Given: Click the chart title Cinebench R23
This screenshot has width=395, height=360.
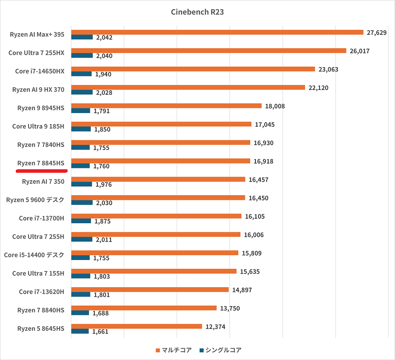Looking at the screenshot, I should pyautogui.click(x=197, y=12).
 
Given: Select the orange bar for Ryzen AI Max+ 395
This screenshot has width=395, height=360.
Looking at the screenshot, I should pyautogui.click(x=217, y=32).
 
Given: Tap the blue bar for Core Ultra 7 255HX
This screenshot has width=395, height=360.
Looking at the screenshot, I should pyautogui.click(x=82, y=56).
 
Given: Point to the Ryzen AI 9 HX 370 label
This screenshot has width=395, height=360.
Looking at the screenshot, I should pyautogui.click(x=38, y=90).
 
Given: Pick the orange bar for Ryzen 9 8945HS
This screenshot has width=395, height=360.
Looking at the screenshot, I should pyautogui.click(x=166, y=106).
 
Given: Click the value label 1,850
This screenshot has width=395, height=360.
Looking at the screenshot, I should pyautogui.click(x=102, y=129).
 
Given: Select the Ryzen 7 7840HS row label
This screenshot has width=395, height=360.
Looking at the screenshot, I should pyautogui.click(x=41, y=145).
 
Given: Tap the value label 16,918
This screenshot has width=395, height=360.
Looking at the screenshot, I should pyautogui.click(x=263, y=161).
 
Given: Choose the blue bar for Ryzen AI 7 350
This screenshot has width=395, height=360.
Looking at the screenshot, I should pyautogui.click(x=82, y=184).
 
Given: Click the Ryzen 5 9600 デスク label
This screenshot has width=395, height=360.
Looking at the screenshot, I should pyautogui.click(x=35, y=200).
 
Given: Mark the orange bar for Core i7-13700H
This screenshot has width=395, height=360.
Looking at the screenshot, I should pyautogui.click(x=156, y=216).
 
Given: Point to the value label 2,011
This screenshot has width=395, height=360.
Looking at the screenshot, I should pyautogui.click(x=103, y=240).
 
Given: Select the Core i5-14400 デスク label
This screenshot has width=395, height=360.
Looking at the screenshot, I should pyautogui.click(x=34, y=255).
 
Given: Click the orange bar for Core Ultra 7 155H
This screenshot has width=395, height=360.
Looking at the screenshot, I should pyautogui.click(x=154, y=271).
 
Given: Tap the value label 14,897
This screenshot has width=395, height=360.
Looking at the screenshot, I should pyautogui.click(x=243, y=290).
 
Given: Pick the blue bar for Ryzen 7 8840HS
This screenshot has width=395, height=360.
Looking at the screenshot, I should pyautogui.click(x=80, y=313).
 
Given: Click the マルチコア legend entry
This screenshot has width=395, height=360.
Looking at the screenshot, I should pyautogui.click(x=174, y=350).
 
